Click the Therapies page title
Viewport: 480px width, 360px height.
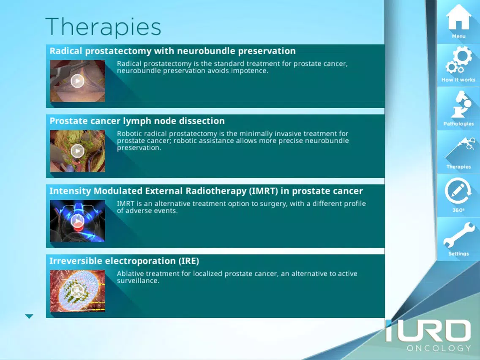(x=103, y=27)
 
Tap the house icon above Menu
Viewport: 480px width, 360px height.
(x=458, y=17)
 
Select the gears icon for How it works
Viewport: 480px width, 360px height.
(x=458, y=60)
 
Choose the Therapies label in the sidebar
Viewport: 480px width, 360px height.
(x=458, y=167)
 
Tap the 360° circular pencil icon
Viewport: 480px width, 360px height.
(x=458, y=191)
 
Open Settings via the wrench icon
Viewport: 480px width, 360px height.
(x=459, y=235)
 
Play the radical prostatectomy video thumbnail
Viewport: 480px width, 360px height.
(x=77, y=81)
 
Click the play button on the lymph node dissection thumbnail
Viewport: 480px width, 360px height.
(x=77, y=151)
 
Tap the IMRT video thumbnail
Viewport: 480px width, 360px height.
(x=77, y=221)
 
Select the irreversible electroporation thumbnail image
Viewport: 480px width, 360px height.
(x=77, y=291)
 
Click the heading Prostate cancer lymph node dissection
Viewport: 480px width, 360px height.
(x=137, y=121)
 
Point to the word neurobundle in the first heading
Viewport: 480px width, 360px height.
(x=206, y=51)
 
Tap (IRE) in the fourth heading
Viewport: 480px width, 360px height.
(x=188, y=261)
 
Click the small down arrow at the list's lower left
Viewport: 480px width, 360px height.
(x=29, y=316)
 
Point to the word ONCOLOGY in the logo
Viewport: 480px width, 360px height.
(x=439, y=348)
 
